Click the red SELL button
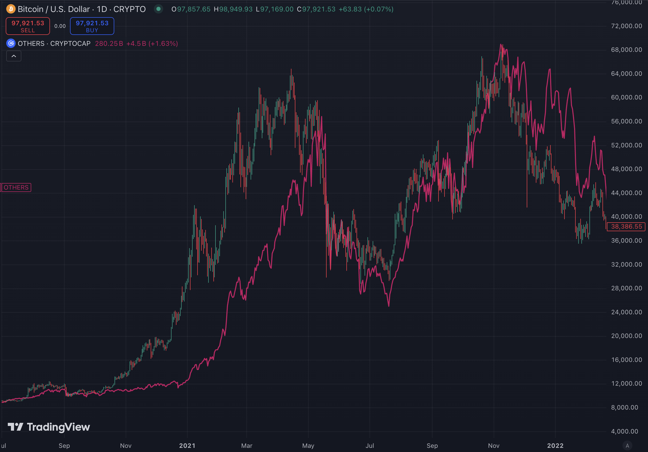pos(28,26)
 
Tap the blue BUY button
pos(92,26)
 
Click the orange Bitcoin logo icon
pos(11,9)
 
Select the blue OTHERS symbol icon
pos(11,43)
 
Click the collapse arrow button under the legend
pos(14,56)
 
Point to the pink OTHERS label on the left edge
pos(16,187)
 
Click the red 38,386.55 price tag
pos(626,227)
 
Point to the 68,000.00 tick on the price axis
pos(626,50)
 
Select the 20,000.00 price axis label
pos(626,336)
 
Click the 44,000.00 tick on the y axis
pos(626,193)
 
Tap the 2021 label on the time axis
pos(187,445)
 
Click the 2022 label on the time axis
pos(555,445)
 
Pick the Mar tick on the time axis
pos(247,445)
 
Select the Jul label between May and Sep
pos(370,445)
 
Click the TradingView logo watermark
pos(49,427)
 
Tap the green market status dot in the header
pos(158,9)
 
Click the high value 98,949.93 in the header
pos(236,9)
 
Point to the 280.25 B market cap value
pos(109,43)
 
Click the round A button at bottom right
pos(627,445)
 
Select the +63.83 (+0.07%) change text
pos(366,9)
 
